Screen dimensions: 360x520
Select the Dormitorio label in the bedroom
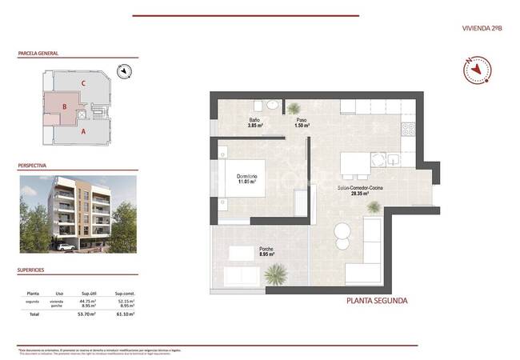click(x=246, y=178)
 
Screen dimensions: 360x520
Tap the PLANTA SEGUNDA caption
click(x=377, y=301)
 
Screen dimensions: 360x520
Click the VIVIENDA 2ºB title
click(x=482, y=28)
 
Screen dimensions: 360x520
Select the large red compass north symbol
click(x=475, y=70)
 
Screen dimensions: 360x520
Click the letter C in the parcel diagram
click(x=82, y=82)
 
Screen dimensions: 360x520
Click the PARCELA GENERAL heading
click(x=38, y=54)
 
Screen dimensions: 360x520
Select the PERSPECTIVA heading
click(x=32, y=166)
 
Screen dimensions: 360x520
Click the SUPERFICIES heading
click(x=32, y=270)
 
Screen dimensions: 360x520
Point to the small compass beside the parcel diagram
click(x=123, y=72)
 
